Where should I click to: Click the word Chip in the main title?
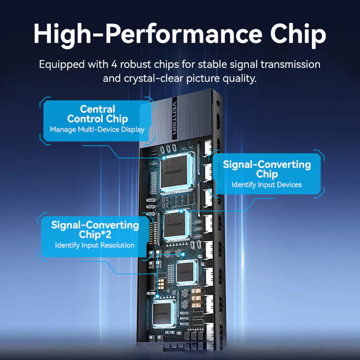point(298,35)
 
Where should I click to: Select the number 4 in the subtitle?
point(114,64)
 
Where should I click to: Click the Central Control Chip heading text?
point(97,114)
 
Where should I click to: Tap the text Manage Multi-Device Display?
point(97,130)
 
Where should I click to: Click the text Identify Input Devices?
point(266,185)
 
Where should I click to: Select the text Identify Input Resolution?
point(94,245)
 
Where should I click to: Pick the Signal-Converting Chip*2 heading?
point(95,229)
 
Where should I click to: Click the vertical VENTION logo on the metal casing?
point(175,118)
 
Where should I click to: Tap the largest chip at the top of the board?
point(175,172)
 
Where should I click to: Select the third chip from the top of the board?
point(186,273)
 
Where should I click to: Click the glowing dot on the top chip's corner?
point(164,158)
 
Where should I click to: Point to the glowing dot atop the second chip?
point(181,211)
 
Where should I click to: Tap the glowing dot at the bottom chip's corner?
point(157,297)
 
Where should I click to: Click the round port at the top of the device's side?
point(218,103)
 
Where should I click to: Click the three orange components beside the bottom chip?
point(196,298)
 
